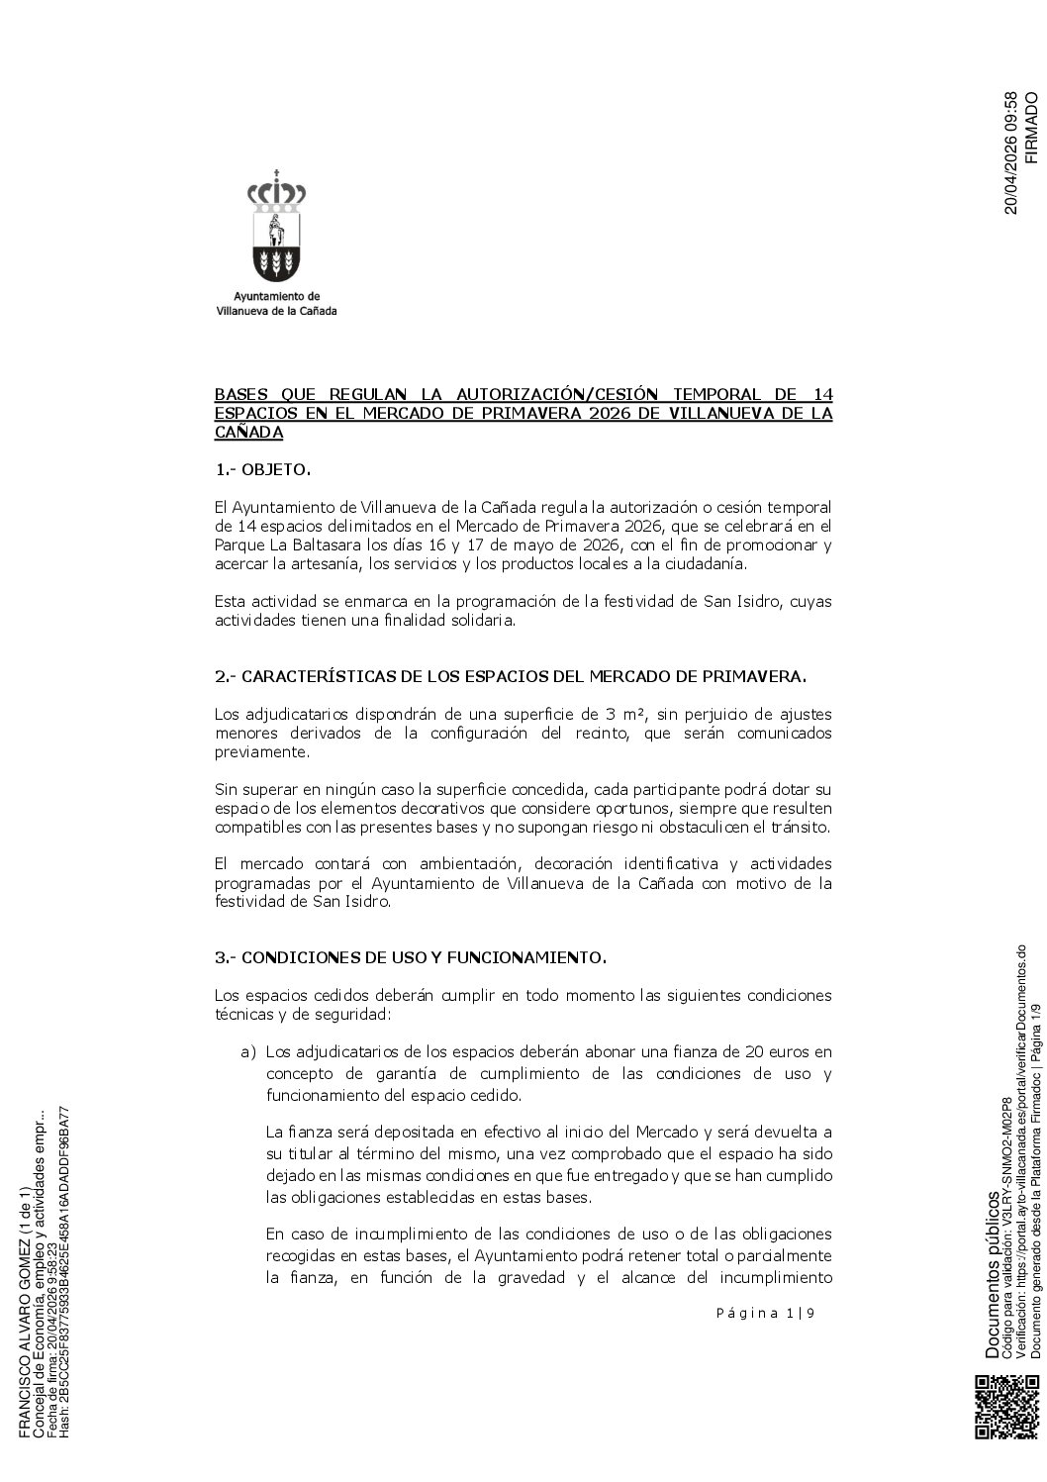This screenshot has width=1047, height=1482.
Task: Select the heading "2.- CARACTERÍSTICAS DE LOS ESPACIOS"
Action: pyautogui.click(x=511, y=677)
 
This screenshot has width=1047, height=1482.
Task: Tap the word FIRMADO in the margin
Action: pyautogui.click(x=1030, y=128)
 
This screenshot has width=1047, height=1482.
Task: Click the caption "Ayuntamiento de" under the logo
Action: pyautogui.click(x=276, y=296)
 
